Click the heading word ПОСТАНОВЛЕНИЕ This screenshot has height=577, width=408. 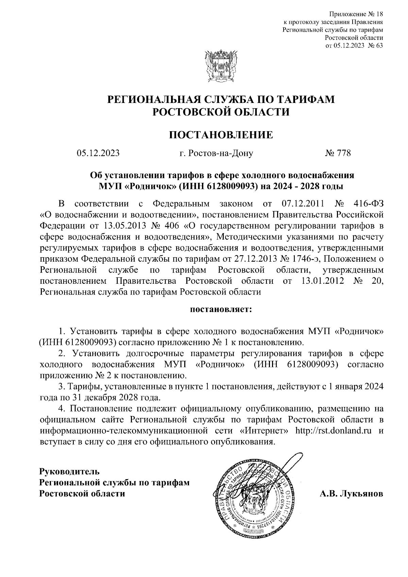pyautogui.click(x=221, y=135)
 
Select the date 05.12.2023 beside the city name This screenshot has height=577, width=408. pyautogui.click(x=98, y=153)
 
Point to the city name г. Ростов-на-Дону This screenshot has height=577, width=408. pyautogui.click(x=216, y=153)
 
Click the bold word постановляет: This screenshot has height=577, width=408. pyautogui.click(x=221, y=310)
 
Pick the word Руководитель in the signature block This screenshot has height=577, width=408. pyautogui.click(x=70, y=471)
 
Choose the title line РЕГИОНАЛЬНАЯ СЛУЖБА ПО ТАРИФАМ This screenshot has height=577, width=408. pyautogui.click(x=221, y=99)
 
